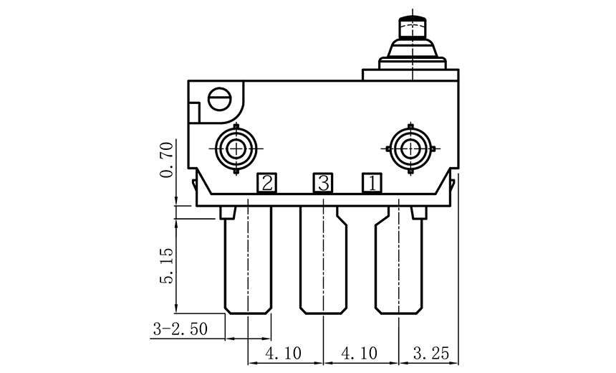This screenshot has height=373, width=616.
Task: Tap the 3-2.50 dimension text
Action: [x=181, y=329]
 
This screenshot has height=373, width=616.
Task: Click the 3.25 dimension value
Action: [x=429, y=353]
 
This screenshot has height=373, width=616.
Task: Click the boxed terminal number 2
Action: [x=266, y=184]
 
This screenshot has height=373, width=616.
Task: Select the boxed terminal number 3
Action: [x=323, y=184]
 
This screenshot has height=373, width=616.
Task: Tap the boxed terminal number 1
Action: [x=371, y=184]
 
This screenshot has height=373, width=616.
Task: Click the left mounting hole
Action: [x=236, y=149]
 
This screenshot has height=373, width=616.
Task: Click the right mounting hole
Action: [x=410, y=149]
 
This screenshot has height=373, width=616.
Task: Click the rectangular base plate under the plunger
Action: [x=409, y=74]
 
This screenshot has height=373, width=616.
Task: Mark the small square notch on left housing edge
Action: [x=193, y=113]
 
